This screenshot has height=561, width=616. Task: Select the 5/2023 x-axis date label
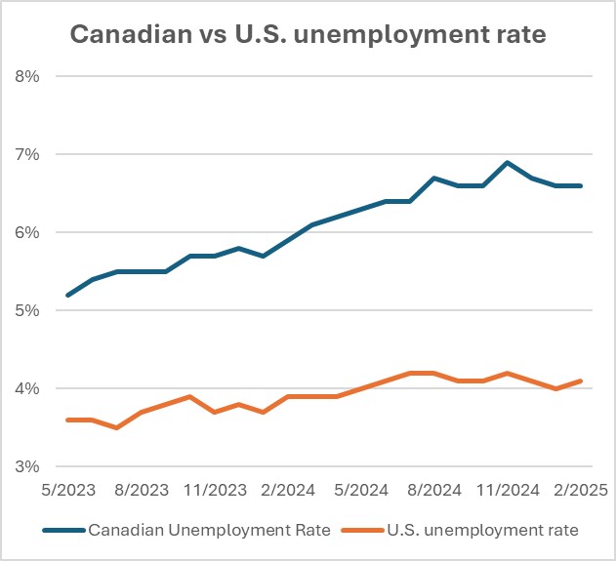pyautogui.click(x=67, y=488)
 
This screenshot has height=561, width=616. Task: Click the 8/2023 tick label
pyautogui.click(x=142, y=488)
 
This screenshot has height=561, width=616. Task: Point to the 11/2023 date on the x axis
pyautogui.click(x=215, y=488)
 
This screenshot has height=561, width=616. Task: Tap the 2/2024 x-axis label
pyautogui.click(x=288, y=488)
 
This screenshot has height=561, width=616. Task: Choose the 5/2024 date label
pyautogui.click(x=361, y=488)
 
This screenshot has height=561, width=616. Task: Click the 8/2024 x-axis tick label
pyautogui.click(x=434, y=488)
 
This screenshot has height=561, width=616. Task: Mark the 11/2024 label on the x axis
pyautogui.click(x=508, y=488)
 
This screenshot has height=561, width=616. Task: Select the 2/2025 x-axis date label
pyautogui.click(x=582, y=488)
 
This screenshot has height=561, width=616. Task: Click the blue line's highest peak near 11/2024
pyautogui.click(x=508, y=162)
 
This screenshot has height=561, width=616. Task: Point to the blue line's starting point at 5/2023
pyautogui.click(x=67, y=295)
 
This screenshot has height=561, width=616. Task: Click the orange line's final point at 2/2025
pyautogui.click(x=582, y=381)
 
